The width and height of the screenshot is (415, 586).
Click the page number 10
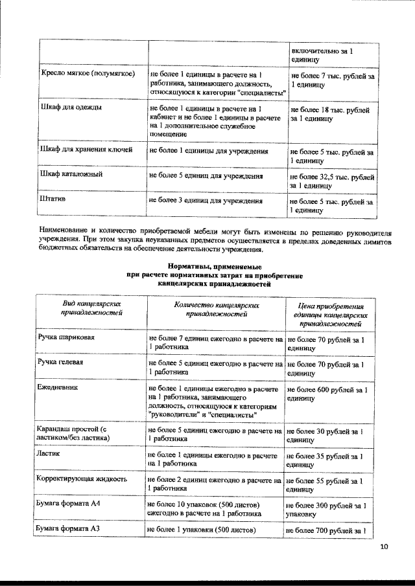tap(384, 547)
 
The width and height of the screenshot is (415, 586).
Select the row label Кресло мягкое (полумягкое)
tap(88, 74)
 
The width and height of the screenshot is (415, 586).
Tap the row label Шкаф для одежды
tap(70, 105)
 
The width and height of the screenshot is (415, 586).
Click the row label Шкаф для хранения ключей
tap(86, 150)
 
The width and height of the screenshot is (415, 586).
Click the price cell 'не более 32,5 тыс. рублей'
tap(331, 181)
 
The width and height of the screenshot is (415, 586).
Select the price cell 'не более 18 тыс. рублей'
tap(331, 115)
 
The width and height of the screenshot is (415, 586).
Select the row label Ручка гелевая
tap(65, 363)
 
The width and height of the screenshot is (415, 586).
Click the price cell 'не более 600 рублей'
tap(329, 395)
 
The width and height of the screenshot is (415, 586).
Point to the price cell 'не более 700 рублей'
tap(329, 531)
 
